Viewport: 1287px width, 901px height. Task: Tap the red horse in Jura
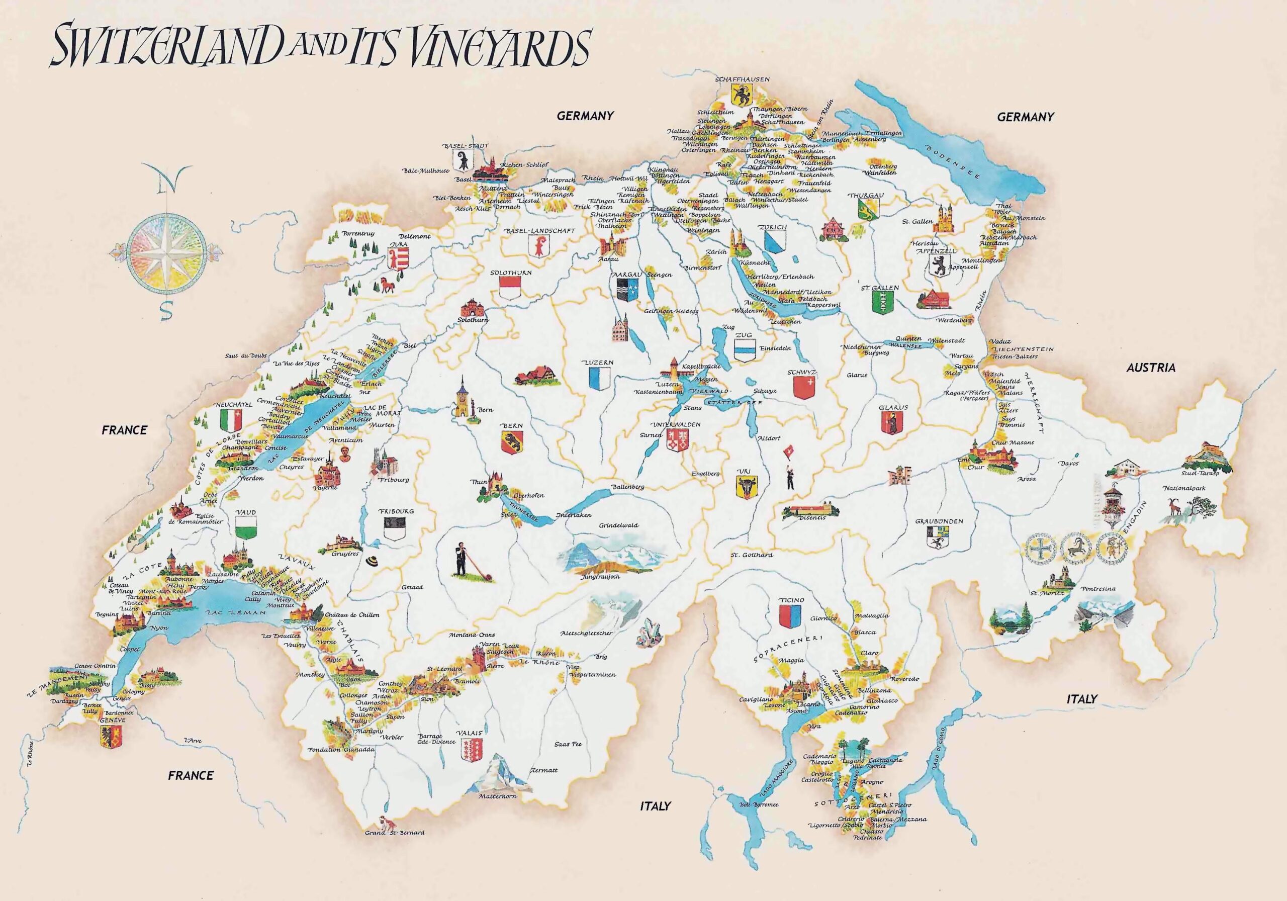pos(387,284)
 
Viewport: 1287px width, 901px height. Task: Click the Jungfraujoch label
pos(601,576)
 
